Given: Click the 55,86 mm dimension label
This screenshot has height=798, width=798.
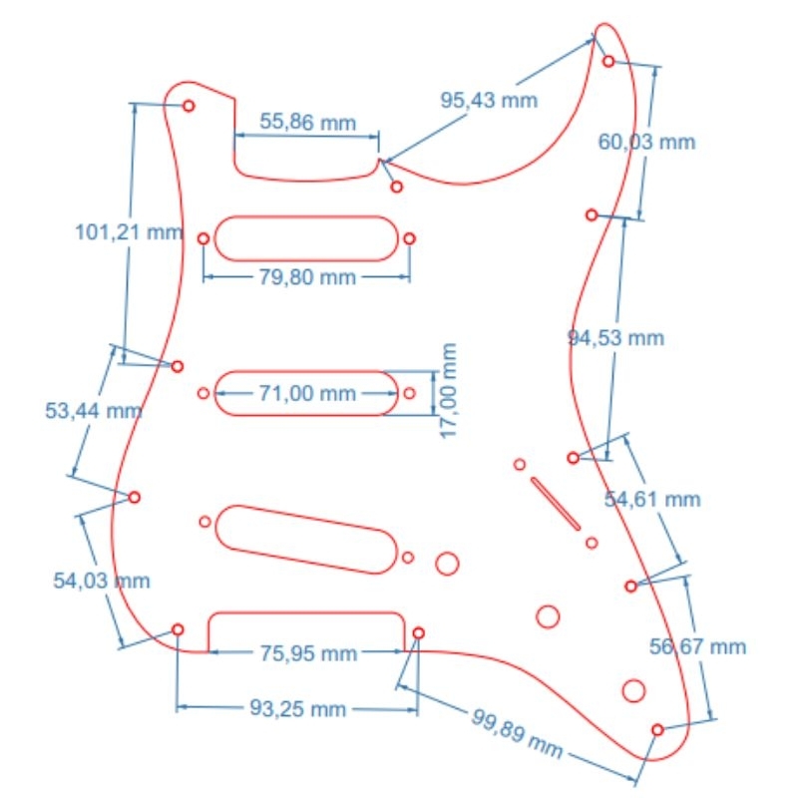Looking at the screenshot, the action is pos(307,122).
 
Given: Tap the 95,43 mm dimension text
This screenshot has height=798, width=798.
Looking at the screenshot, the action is pos(489,100).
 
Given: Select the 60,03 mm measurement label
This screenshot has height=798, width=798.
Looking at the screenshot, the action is pos(646,142).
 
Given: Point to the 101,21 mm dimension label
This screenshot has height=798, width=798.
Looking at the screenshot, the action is pos(129,232).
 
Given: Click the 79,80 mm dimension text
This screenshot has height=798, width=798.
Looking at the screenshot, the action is pos(307,277).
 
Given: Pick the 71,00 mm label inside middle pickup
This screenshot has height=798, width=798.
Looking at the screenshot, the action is pos(307,393).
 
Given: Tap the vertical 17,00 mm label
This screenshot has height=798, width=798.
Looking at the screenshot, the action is pos(448,390).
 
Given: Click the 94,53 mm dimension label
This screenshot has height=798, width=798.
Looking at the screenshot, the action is pos(615,338).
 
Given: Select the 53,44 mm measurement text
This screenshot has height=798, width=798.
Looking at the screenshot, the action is pos(94,411).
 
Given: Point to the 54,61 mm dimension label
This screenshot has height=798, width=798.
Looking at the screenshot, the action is pos(652,500).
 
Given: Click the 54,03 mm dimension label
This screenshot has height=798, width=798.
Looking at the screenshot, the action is pos(102,581).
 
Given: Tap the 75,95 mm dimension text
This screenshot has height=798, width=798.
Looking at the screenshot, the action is pos(308,654).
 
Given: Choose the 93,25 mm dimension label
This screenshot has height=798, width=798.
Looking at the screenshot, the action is pos(297,708).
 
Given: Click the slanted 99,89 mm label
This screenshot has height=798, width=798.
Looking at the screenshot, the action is pos(517,733).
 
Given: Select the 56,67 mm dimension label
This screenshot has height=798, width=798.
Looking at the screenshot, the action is pos(697,646).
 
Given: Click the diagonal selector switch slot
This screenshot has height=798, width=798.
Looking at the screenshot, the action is pos(556,504).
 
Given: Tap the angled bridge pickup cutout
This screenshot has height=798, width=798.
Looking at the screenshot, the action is pos(306,540).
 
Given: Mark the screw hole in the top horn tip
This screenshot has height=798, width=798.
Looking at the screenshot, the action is pos(608,62).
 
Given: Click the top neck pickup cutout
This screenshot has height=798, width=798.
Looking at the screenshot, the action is pos(306,238).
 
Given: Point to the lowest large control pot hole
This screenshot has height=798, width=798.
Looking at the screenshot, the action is pos(633,690).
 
